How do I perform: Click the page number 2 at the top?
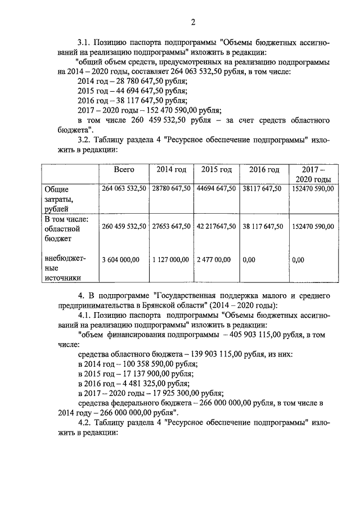click(193, 22)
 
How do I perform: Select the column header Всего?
click(124, 169)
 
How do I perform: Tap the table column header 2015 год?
click(217, 169)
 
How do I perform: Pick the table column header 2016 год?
click(264, 169)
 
